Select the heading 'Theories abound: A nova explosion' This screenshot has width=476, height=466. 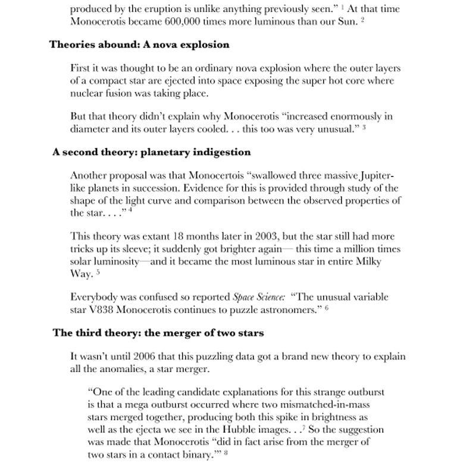[139, 45]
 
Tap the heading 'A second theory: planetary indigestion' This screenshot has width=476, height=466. [151, 152]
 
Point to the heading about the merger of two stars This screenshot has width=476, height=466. [158, 332]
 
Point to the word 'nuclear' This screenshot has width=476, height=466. [87, 93]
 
